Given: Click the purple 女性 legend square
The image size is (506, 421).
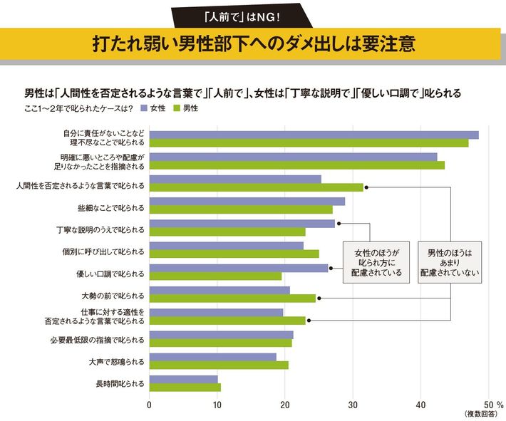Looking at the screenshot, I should tap(143, 109).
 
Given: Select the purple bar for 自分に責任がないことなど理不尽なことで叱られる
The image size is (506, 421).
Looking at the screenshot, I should tap(314, 135).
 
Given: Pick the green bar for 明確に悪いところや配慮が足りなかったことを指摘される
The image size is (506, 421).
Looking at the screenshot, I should tap(296, 165).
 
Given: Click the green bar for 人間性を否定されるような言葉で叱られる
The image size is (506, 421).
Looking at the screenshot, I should tap(256, 187).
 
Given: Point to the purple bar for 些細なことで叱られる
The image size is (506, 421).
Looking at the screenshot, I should tap(247, 202).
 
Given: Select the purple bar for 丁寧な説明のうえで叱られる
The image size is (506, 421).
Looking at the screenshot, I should tap(242, 224).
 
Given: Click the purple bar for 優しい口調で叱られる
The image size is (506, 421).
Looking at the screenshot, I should tap(238, 268).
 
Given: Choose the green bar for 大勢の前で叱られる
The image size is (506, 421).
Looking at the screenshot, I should tap(232, 298).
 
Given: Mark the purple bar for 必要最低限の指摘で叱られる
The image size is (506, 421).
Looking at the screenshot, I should tap(221, 335).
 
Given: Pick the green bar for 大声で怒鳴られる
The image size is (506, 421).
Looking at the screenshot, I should tap(219, 365).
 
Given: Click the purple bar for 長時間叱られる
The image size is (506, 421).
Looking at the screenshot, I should tap(183, 379).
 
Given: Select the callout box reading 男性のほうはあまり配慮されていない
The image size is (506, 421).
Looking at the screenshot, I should tap(450, 261).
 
